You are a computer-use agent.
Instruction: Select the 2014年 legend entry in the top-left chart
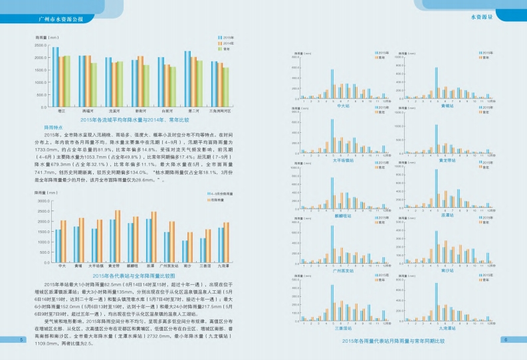click(229, 43)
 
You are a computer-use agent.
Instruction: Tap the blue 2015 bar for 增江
click(56, 76)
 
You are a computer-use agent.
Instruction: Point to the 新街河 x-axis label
click(140, 111)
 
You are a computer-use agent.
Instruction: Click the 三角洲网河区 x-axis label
click(219, 111)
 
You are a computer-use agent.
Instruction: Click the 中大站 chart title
click(344, 106)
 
